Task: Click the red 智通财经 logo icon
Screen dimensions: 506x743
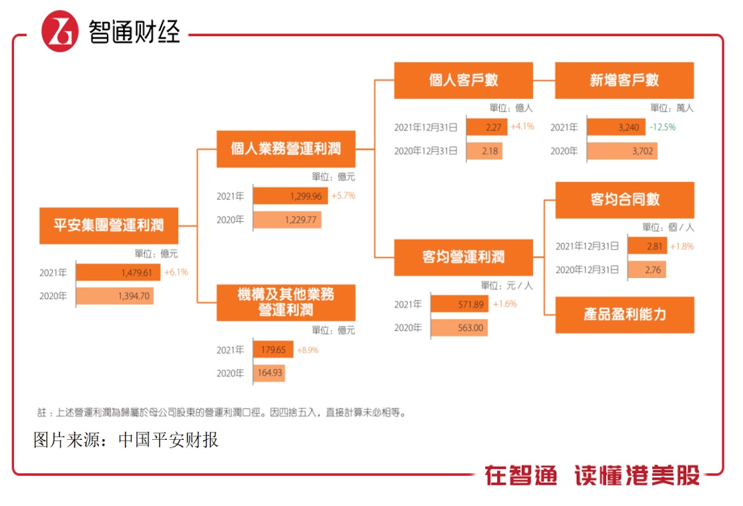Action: click(x=60, y=30)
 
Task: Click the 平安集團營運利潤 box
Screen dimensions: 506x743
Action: click(x=108, y=225)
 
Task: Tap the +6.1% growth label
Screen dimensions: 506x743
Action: click(x=176, y=272)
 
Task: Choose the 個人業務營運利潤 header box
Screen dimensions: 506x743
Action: click(x=286, y=149)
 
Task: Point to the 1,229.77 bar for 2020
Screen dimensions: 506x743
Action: click(x=287, y=219)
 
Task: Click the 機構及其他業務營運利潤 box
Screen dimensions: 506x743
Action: click(x=286, y=303)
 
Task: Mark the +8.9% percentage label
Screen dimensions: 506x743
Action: click(x=307, y=350)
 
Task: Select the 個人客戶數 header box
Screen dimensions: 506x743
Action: click(x=463, y=80)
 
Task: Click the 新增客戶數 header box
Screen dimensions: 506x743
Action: click(x=624, y=80)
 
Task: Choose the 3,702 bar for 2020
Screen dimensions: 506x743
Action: click(x=622, y=151)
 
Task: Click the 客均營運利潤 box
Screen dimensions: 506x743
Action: click(x=463, y=257)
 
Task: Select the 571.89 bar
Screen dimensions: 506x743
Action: click(x=460, y=304)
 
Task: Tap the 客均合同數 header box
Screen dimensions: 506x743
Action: click(x=624, y=200)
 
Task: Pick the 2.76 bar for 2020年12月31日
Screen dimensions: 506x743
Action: click(x=646, y=270)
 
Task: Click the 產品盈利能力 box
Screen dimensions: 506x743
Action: click(x=624, y=315)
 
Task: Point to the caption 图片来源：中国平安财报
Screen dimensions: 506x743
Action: click(x=126, y=440)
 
